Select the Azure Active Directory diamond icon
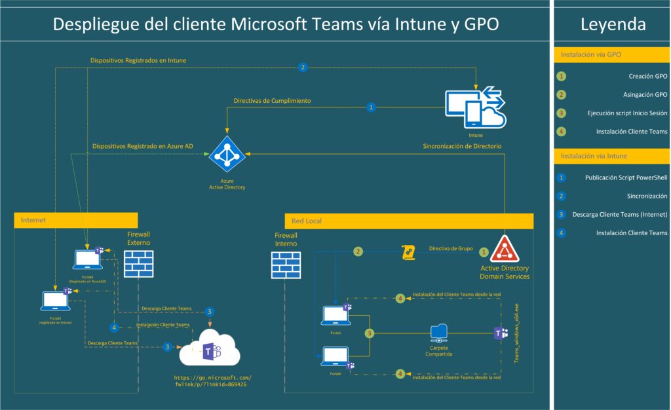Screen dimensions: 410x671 tap(226, 155)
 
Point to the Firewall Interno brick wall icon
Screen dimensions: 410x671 tap(286, 266)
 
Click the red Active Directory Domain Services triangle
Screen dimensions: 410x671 tap(505, 249)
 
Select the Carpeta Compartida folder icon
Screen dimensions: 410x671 tap(439, 334)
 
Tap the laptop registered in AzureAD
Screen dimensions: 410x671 tap(87, 259)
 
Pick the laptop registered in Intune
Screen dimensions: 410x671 tap(55, 300)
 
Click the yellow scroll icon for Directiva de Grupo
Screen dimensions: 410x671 tap(408, 252)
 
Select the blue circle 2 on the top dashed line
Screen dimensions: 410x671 tap(303, 67)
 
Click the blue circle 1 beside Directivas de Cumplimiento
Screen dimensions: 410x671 tap(372, 107)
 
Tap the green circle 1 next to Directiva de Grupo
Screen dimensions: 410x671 tap(484, 252)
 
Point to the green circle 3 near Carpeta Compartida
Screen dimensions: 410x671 tap(370, 333)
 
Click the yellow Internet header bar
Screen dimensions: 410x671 tap(76, 221)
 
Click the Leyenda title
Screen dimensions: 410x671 tap(613, 25)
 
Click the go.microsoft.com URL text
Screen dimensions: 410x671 tap(212, 381)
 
